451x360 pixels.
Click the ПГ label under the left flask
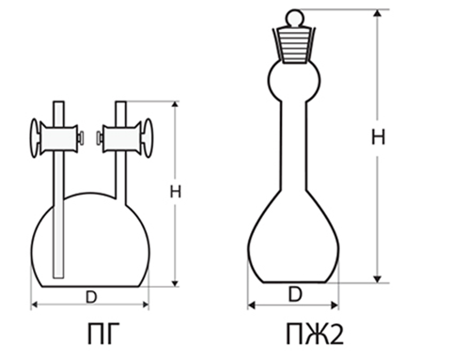click(103, 334)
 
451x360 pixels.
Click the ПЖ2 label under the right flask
click(315, 334)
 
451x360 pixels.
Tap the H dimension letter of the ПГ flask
click(176, 192)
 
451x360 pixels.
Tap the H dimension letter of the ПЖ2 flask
click(378, 137)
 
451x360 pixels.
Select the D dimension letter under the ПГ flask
click(91, 297)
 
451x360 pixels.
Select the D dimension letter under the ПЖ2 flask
click(295, 294)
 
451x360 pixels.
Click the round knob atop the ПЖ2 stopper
click(294, 18)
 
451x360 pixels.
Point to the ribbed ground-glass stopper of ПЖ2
click(294, 45)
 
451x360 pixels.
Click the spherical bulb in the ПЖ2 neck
click(294, 81)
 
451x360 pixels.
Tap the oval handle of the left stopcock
click(35, 138)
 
